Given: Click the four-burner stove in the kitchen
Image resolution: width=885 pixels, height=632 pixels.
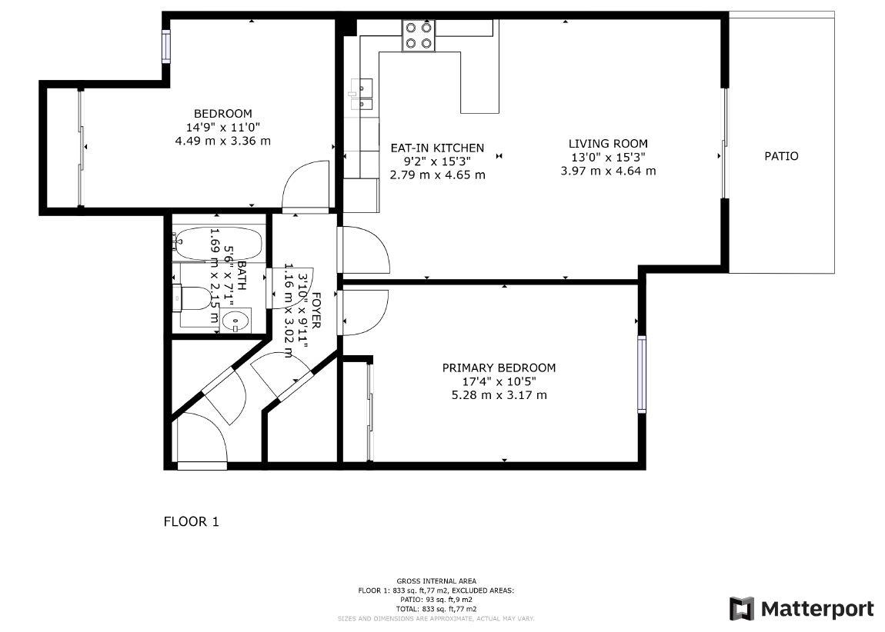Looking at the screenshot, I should coord(419,35).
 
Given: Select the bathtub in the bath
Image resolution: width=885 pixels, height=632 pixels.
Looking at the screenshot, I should coord(217,244).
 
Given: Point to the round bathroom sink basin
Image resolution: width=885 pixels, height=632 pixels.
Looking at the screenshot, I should coord(235,321).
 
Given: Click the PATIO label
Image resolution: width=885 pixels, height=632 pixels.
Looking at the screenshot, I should coord(781,156).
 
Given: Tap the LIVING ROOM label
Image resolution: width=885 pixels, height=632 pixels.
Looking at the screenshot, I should coord(608,144).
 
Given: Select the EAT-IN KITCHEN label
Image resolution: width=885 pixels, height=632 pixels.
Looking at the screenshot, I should coord(437,148).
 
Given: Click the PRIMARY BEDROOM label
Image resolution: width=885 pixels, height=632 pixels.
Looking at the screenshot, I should coord(499,368).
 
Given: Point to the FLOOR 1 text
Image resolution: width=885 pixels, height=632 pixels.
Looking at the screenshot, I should coord(192,521).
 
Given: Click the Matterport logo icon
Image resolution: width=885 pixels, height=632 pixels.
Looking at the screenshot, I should coord(742,609).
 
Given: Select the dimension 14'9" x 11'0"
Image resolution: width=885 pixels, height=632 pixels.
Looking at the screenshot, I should coord(222,128).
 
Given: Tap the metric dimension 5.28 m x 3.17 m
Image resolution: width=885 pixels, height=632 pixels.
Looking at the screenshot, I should coord(499,395).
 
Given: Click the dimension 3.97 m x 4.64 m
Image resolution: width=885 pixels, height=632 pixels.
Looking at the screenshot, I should coord(608,171).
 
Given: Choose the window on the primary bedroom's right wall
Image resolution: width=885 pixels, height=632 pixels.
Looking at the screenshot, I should coord(641,374).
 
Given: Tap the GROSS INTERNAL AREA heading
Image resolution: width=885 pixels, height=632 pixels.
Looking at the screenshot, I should coord(436,580).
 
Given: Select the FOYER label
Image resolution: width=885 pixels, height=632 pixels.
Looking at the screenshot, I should coord(314,302).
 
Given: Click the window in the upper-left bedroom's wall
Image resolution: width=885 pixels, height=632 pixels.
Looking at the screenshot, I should coord(165,46).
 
